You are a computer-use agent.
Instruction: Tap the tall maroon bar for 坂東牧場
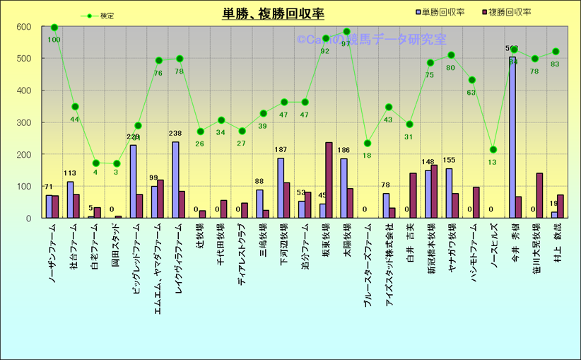[329, 180]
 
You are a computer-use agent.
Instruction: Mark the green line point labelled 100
[54, 28]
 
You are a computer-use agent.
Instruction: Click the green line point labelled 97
[346, 32]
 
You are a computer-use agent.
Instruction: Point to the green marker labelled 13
[493, 149]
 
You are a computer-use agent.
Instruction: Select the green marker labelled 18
[367, 144]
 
